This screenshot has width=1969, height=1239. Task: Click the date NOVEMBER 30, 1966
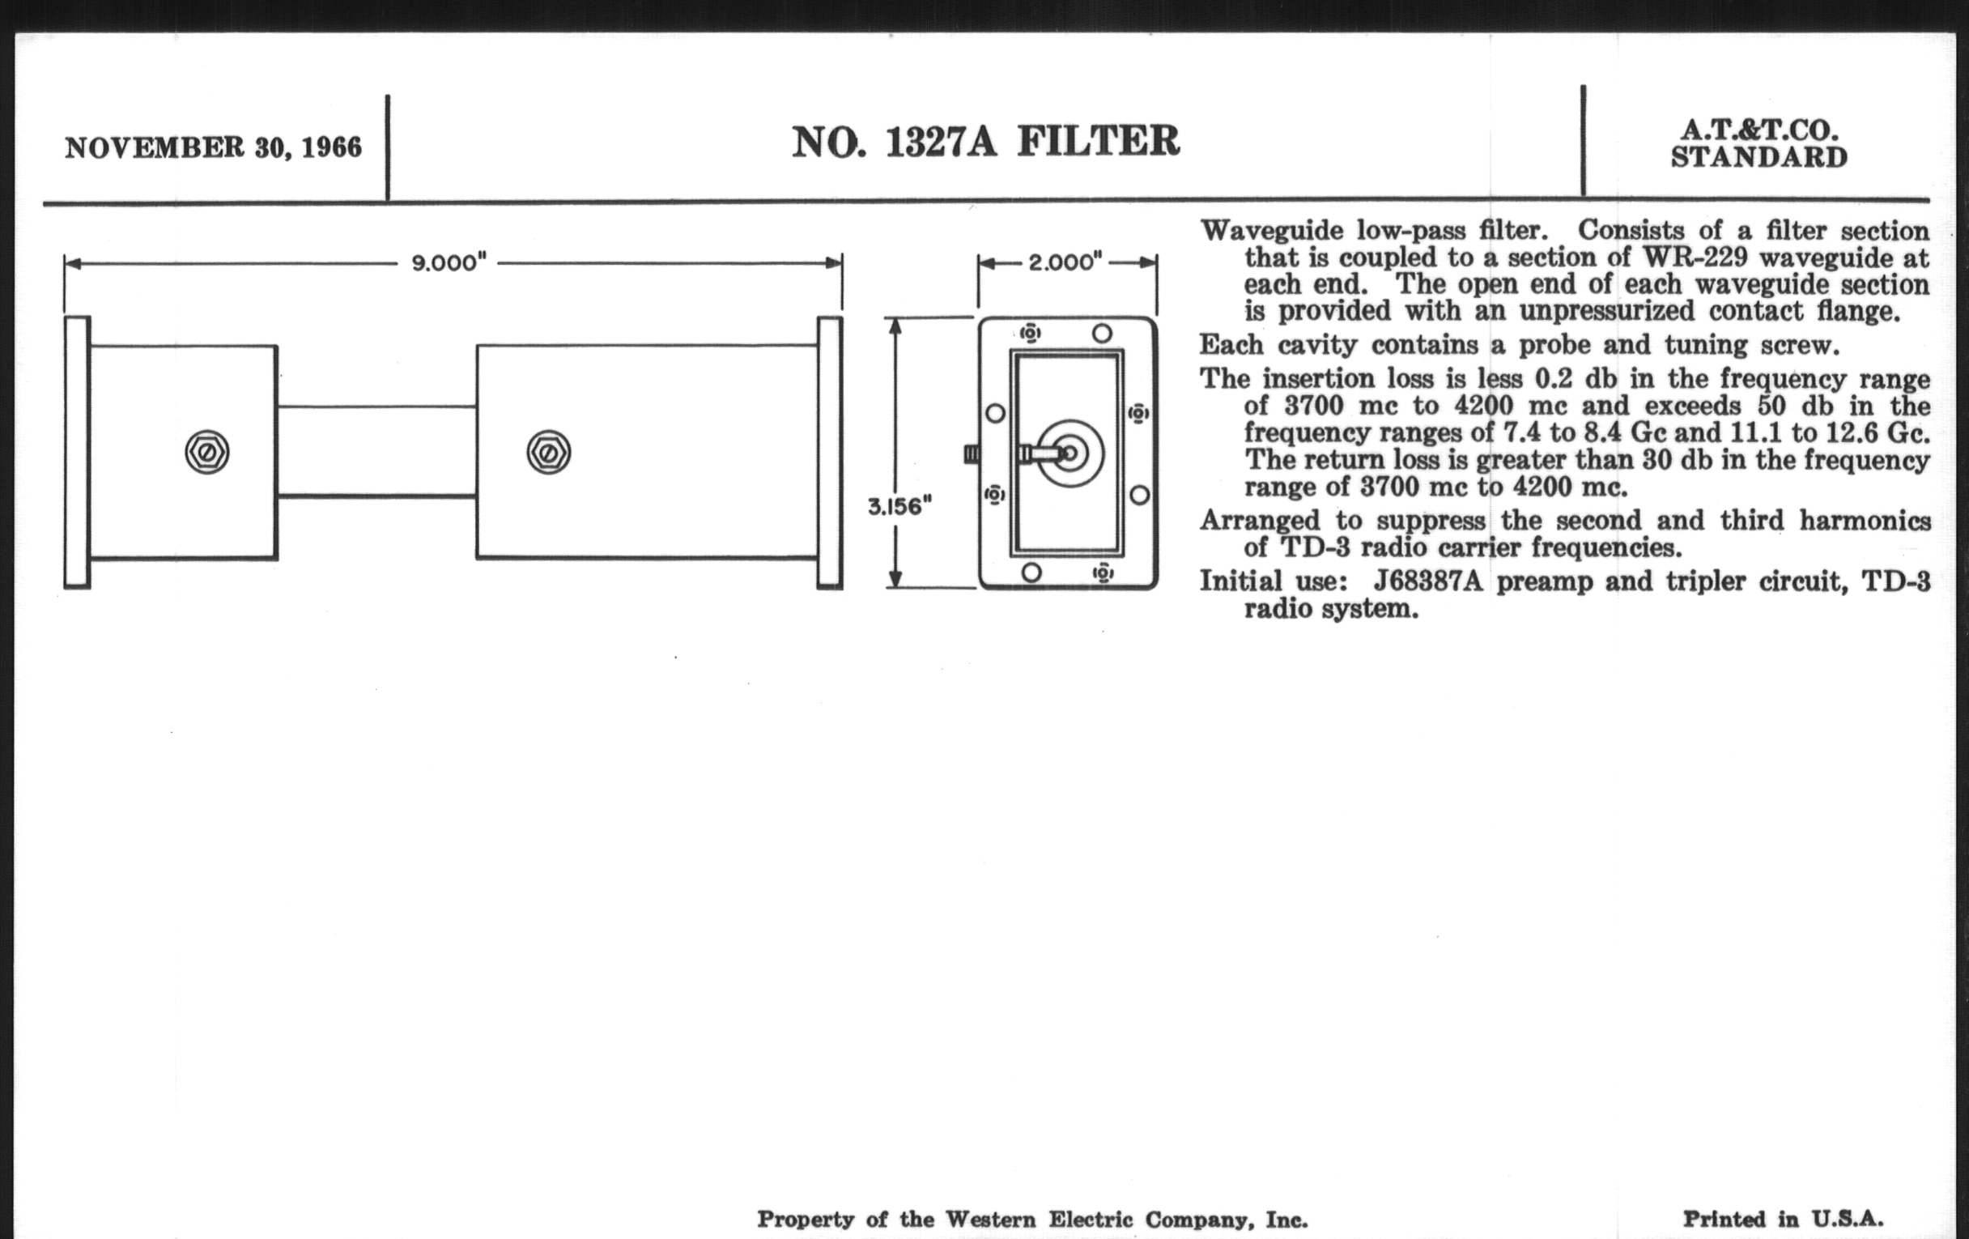click(214, 148)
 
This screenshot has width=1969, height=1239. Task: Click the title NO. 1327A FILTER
click(985, 143)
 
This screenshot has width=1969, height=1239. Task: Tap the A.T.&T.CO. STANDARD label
click(1758, 144)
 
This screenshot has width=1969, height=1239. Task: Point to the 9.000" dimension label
click(449, 263)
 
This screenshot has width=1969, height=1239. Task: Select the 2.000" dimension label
click(1065, 262)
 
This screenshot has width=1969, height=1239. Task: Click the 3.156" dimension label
click(899, 507)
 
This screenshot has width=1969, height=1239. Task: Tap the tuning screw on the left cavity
click(207, 452)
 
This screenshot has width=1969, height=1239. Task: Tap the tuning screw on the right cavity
click(549, 452)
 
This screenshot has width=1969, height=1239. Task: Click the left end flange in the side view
click(78, 452)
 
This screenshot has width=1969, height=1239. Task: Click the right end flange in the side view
click(830, 452)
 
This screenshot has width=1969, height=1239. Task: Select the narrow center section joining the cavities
click(377, 451)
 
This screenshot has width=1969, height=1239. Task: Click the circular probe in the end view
click(1070, 453)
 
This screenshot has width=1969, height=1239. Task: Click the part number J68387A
click(1427, 581)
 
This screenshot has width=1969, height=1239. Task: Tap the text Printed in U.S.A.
click(1783, 1220)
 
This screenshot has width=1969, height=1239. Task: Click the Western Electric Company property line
click(1033, 1220)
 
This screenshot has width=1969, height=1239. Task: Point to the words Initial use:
click(1274, 581)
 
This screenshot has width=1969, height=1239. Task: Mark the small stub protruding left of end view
click(972, 453)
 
